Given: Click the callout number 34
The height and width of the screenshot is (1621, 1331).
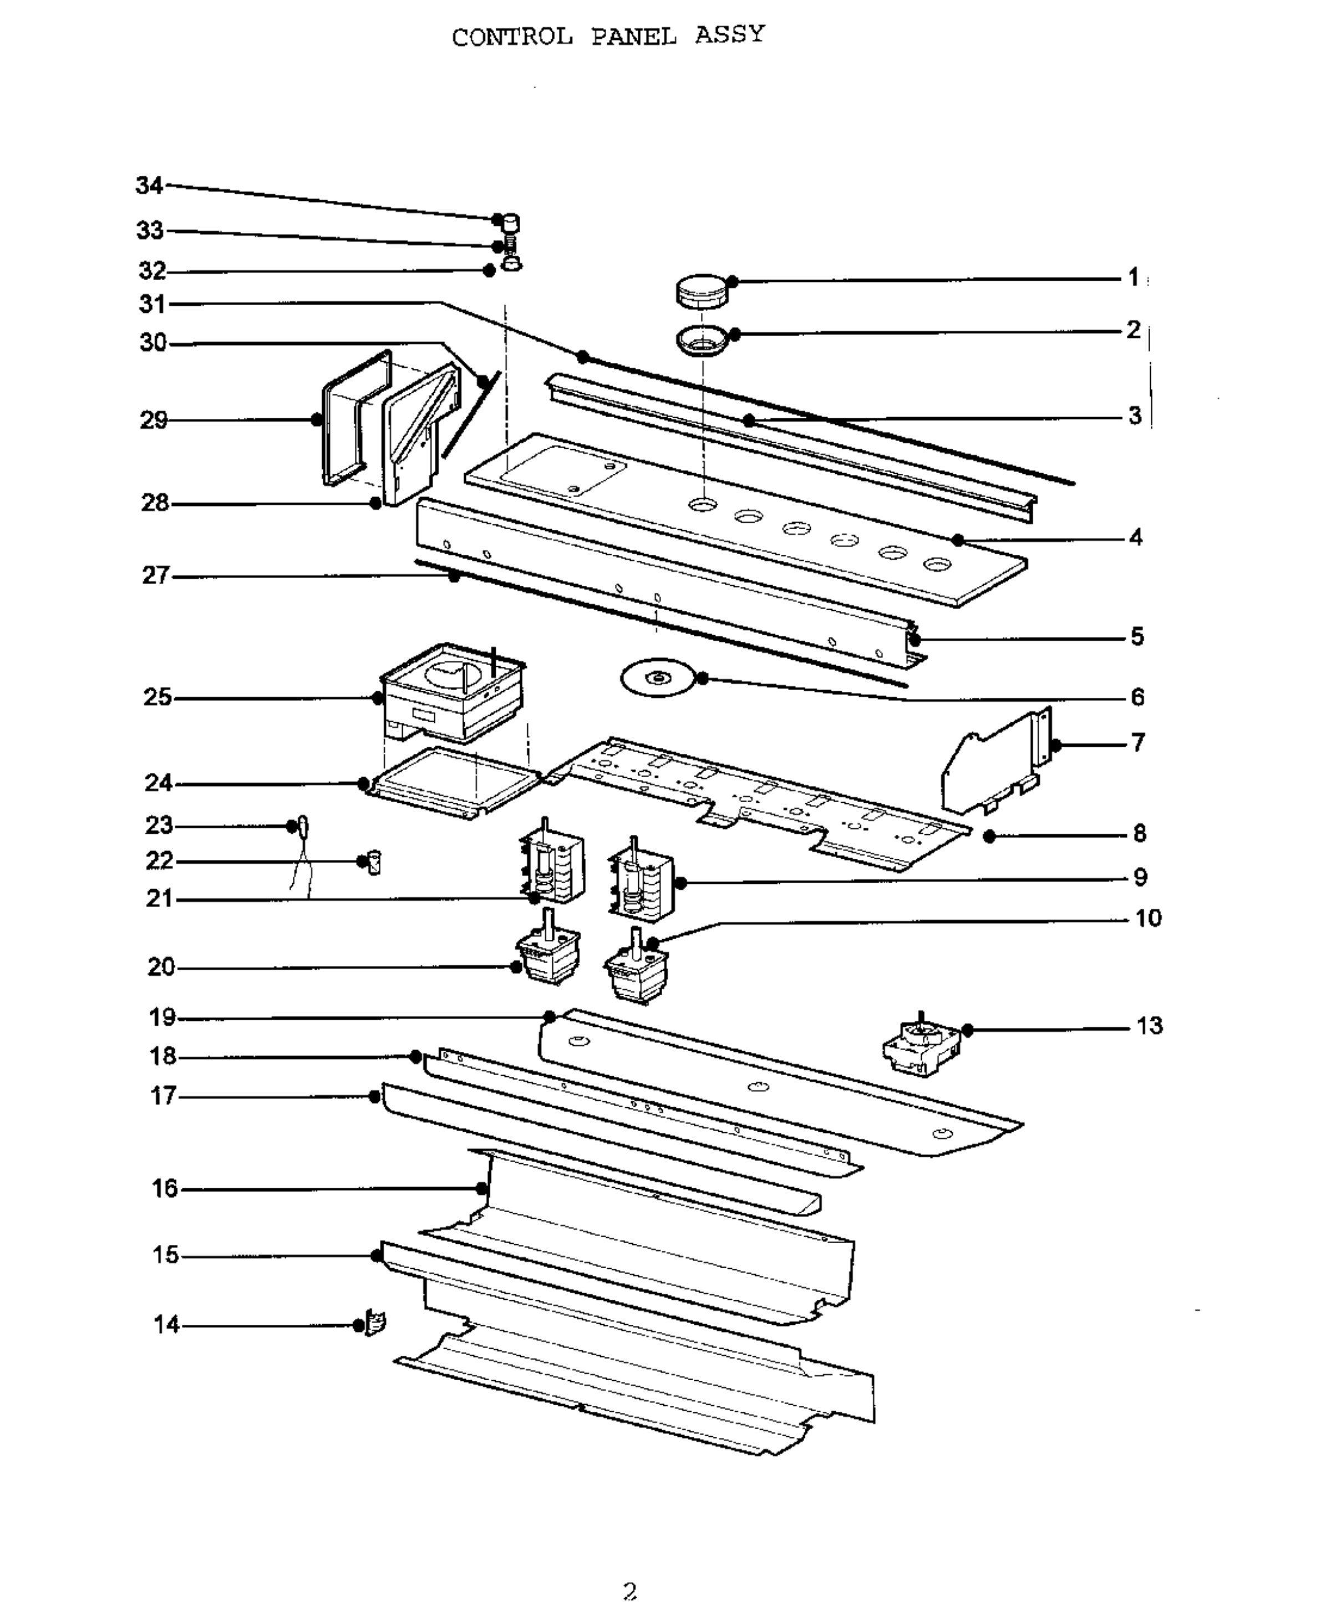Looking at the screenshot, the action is pyautogui.click(x=150, y=185).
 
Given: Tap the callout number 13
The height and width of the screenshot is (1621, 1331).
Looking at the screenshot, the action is pyautogui.click(x=1149, y=1026).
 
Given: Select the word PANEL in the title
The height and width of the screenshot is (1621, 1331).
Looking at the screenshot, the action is pyautogui.click(x=634, y=36).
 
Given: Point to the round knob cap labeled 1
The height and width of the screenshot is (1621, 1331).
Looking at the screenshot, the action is pyautogui.click(x=702, y=291).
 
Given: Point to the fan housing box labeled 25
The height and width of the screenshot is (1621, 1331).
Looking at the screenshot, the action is pyautogui.click(x=453, y=692).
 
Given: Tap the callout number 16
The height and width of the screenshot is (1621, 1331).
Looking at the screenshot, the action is pyautogui.click(x=165, y=1188).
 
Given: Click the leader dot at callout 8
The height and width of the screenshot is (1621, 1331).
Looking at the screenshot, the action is pyautogui.click(x=989, y=837).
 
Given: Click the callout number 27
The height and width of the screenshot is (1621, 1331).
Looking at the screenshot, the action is pyautogui.click(x=156, y=575).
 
